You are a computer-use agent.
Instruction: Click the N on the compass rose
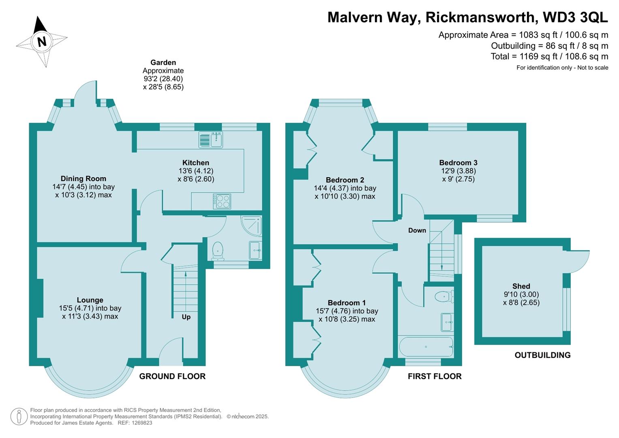42,42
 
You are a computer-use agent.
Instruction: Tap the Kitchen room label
196,163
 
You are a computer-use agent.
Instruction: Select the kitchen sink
211,140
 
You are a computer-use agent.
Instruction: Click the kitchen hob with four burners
222,201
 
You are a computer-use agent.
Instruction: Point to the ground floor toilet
218,251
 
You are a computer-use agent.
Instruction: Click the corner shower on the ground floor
251,226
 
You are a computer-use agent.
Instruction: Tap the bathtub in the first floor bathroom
426,346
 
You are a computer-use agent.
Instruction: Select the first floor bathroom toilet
444,297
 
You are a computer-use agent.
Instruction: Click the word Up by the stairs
186,317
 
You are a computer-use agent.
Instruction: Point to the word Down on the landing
417,230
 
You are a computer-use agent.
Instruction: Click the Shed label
521,286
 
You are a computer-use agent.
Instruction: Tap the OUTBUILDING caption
542,355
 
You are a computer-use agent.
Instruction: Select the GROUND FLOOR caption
172,376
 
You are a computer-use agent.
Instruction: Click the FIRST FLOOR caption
435,376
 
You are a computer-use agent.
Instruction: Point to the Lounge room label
90,300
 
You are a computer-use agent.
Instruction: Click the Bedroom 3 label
458,163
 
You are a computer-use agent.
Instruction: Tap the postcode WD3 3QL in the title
575,17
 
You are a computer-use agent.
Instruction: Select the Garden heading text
163,62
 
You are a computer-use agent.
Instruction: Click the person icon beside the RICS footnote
19,417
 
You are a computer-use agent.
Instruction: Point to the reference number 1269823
141,423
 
